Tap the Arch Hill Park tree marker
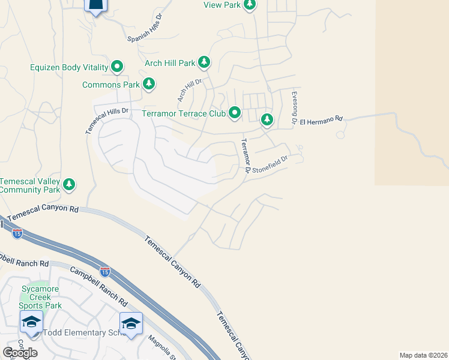tap(204, 62)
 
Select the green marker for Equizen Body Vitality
tap(118, 67)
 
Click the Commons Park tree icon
tap(148, 85)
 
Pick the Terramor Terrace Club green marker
tap(235, 113)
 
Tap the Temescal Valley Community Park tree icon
tap(70, 185)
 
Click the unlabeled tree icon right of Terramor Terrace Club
tap(267, 120)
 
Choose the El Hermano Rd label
tap(321, 119)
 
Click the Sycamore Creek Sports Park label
tap(41, 297)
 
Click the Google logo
tap(20, 352)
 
